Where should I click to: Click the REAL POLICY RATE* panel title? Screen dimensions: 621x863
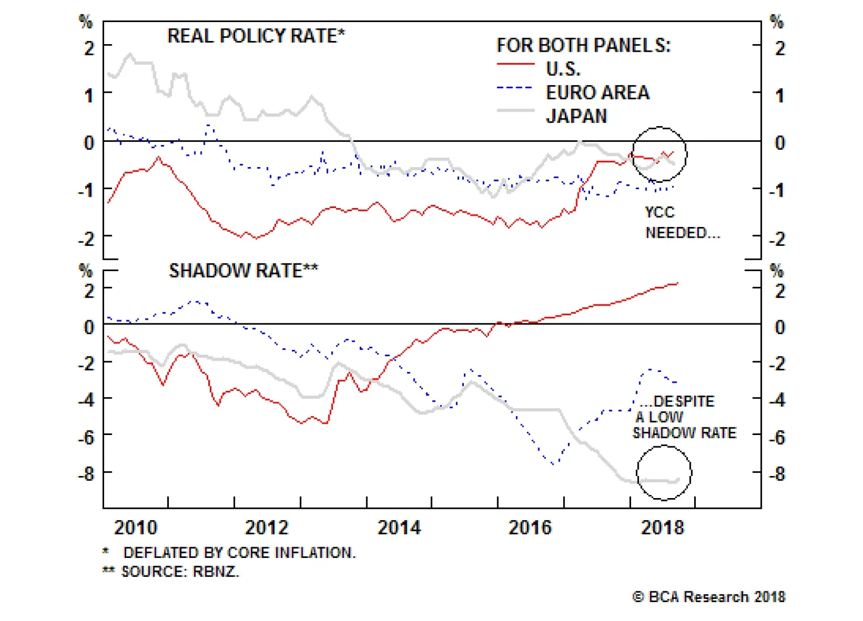(x=256, y=36)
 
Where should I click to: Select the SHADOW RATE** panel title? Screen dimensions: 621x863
(x=243, y=271)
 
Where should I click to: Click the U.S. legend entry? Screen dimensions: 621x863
(x=563, y=69)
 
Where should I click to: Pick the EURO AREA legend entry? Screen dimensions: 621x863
(x=598, y=93)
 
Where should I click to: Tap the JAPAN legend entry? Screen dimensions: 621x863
(x=577, y=116)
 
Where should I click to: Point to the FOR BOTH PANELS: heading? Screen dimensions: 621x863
(x=583, y=45)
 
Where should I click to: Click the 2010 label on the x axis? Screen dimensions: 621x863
(x=135, y=527)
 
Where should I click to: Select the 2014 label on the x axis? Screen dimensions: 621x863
(x=399, y=527)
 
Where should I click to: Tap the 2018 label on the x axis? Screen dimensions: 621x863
(x=662, y=527)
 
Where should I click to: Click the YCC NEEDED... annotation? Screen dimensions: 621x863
(x=682, y=223)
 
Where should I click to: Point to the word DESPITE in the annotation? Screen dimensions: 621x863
(x=684, y=402)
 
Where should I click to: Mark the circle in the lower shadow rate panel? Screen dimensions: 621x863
(x=664, y=473)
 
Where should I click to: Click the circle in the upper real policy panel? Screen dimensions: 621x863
(x=659, y=154)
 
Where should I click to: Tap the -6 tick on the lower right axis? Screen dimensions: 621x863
(x=777, y=437)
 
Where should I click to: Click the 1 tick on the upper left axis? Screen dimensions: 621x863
(x=89, y=96)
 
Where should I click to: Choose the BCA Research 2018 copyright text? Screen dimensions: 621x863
(x=709, y=597)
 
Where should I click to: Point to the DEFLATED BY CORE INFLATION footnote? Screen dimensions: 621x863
(x=239, y=553)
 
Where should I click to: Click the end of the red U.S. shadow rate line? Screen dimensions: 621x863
(x=677, y=283)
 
